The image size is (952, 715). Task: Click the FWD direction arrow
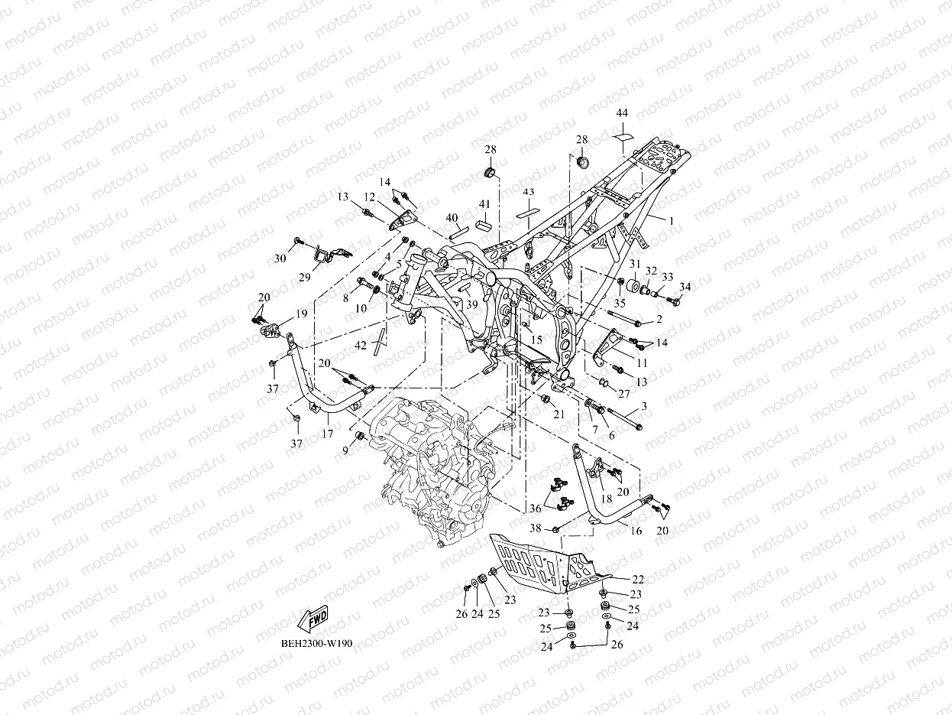[312, 619]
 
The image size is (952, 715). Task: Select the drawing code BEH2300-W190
[316, 643]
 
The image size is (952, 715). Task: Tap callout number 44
[622, 113]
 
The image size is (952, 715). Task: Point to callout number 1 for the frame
[672, 222]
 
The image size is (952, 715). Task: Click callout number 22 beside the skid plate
[638, 580]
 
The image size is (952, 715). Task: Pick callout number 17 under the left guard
[328, 434]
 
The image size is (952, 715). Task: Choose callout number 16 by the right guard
[636, 531]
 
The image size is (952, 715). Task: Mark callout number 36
[535, 509]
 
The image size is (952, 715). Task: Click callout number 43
[528, 192]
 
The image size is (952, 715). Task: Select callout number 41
[484, 204]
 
